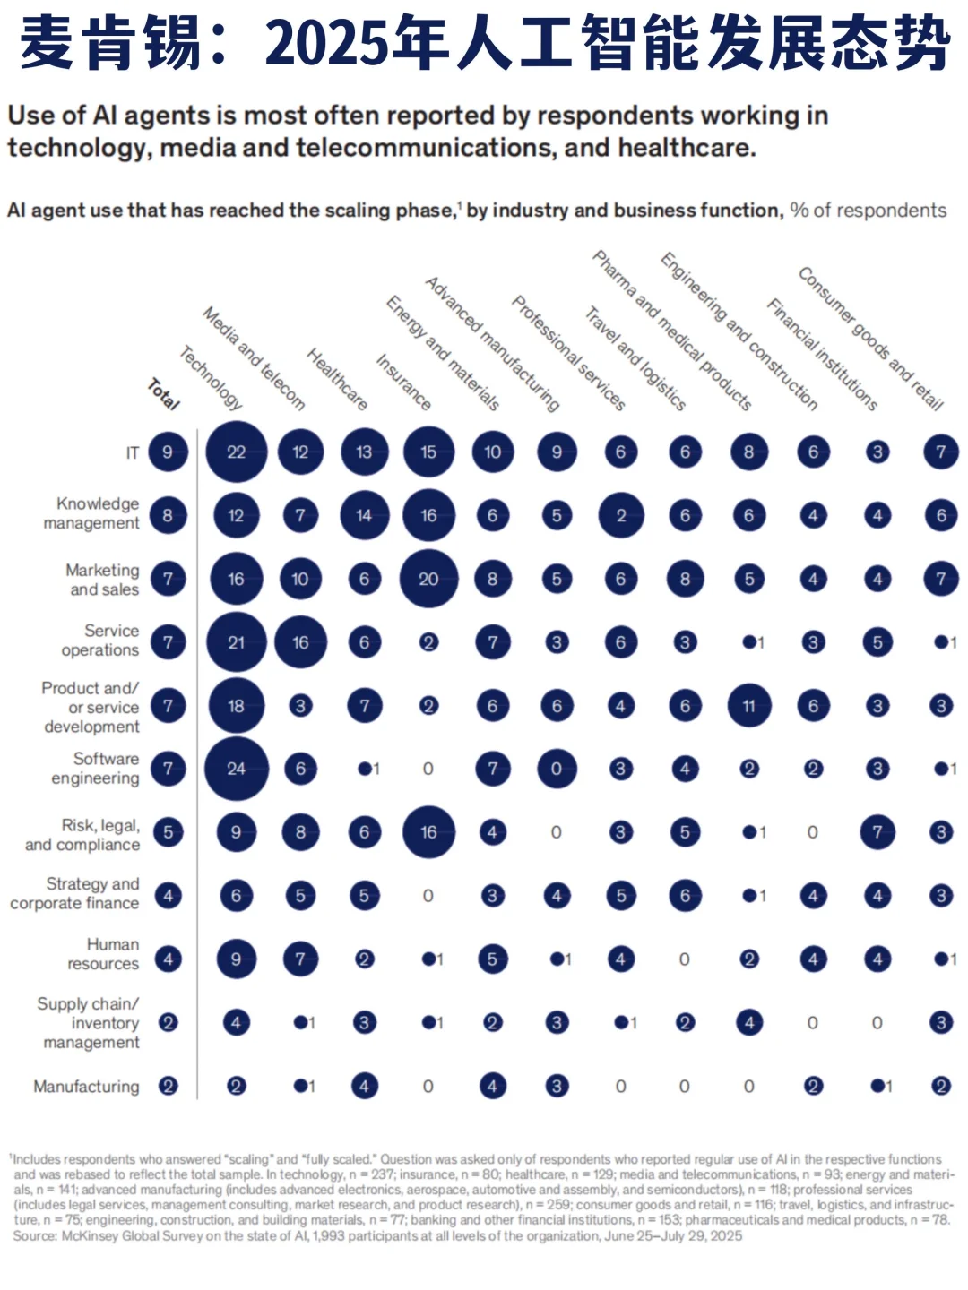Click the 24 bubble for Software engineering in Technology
pyautogui.click(x=237, y=769)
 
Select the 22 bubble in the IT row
pyautogui.click(x=237, y=451)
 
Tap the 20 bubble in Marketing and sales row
pyautogui.click(x=428, y=579)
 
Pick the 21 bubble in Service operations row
pyautogui.click(x=237, y=642)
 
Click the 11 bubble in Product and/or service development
pyautogui.click(x=748, y=705)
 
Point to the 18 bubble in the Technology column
pyautogui.click(x=237, y=705)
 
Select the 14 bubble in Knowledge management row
pyautogui.click(x=365, y=515)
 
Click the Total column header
pyautogui.click(x=163, y=394)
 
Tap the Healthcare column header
pyautogui.click(x=337, y=379)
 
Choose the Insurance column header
pyautogui.click(x=403, y=382)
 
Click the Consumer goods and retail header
pyautogui.click(x=870, y=339)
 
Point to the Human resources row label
pyautogui.click(x=103, y=954)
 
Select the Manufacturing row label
pyautogui.click(x=86, y=1087)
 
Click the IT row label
pyautogui.click(x=133, y=452)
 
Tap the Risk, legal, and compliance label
pyautogui.click(x=82, y=835)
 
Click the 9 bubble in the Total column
pyautogui.click(x=169, y=451)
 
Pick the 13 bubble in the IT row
pyautogui.click(x=365, y=451)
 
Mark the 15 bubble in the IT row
pyautogui.click(x=428, y=451)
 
